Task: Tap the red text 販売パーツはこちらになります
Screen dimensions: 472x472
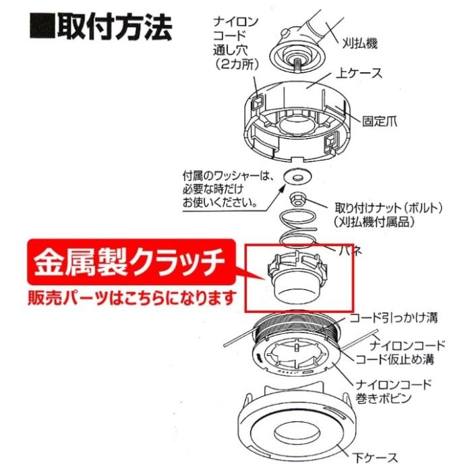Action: coord(132,297)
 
